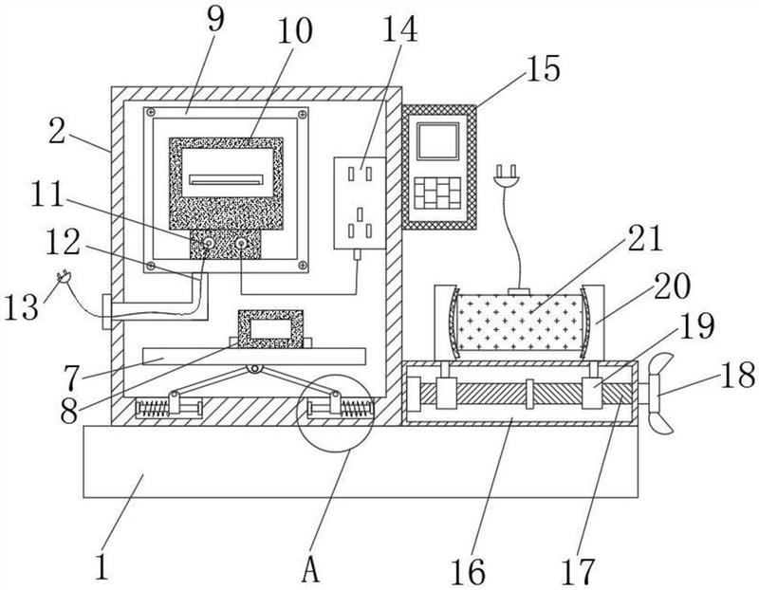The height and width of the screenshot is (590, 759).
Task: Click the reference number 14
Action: tap(399, 28)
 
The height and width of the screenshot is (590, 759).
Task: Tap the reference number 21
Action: tap(644, 239)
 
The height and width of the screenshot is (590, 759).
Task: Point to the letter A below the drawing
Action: tap(311, 569)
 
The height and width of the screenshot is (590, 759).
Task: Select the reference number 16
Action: tap(468, 571)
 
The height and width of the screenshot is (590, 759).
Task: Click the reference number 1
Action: tap(102, 566)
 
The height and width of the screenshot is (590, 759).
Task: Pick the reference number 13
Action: tap(21, 307)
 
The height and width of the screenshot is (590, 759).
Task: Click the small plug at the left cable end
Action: tap(64, 277)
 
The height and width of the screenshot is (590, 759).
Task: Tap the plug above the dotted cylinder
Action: tap(507, 176)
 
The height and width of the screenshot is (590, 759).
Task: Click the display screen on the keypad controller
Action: tap(438, 141)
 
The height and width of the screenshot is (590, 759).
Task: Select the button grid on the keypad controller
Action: tap(437, 194)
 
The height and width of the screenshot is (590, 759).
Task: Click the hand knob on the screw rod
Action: tap(659, 394)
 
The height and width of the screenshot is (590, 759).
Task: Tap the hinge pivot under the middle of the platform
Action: tap(253, 369)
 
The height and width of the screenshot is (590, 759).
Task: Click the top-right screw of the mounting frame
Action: tap(303, 115)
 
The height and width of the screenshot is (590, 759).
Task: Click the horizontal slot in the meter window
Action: tap(226, 180)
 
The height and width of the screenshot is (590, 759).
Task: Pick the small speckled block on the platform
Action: tap(270, 329)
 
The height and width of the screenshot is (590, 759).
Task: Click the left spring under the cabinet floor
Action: tap(152, 409)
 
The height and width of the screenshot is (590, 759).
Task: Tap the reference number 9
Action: tap(216, 19)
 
